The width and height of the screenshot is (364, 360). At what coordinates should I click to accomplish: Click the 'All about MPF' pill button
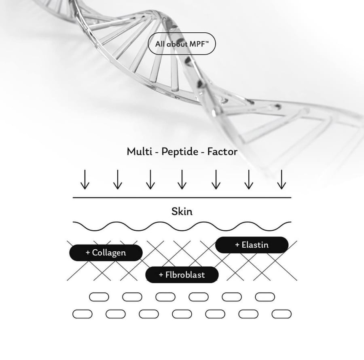182,44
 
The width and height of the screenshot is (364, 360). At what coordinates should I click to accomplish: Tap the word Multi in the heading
140,152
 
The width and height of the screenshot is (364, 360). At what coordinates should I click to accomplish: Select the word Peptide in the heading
180,152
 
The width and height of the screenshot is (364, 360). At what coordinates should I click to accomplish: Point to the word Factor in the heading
222,152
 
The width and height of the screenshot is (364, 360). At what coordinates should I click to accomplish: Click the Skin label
182,211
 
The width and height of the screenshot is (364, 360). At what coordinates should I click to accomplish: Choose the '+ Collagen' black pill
106,253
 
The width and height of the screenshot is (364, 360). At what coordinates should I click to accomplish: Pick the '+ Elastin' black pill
252,245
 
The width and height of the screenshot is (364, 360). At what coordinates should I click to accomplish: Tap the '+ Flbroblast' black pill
182,275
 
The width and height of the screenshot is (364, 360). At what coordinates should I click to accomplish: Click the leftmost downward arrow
85,179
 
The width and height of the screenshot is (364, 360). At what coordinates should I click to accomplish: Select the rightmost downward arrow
281,179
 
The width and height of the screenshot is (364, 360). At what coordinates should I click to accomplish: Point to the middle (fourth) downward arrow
182,179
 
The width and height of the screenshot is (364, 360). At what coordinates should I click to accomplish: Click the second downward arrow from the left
118,179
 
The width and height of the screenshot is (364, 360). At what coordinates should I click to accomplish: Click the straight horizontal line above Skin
182,198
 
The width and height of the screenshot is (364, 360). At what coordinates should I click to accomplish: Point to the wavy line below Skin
182,230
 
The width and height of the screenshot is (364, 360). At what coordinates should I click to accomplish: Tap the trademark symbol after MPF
207,42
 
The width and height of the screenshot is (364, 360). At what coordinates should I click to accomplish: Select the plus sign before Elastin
237,245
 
